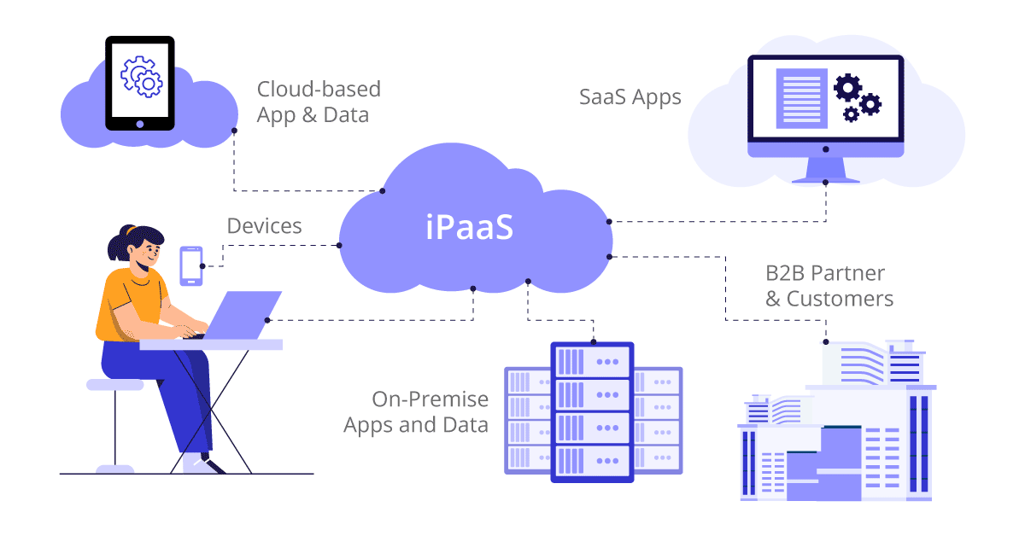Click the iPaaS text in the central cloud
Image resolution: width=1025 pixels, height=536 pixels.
pos(470,227)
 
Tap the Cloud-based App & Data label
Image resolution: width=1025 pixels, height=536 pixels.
pos(318,102)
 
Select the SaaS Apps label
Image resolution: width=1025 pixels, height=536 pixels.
pos(630,96)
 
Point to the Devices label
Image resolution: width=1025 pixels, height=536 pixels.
pos(264,226)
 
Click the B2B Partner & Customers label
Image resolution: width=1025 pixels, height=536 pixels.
pos(829,286)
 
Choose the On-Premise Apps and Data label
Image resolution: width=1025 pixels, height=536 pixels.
pos(416,411)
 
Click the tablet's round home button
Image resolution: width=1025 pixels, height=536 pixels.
pos(140,123)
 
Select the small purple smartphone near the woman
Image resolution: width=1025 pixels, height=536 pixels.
pos(191,265)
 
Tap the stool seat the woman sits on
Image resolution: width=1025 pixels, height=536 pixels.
pos(115,385)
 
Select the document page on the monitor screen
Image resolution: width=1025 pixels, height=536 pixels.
pos(801,99)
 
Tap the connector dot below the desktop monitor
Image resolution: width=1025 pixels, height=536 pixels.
pos(825,182)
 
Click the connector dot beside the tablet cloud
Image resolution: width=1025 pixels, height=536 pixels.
pos(234,131)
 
